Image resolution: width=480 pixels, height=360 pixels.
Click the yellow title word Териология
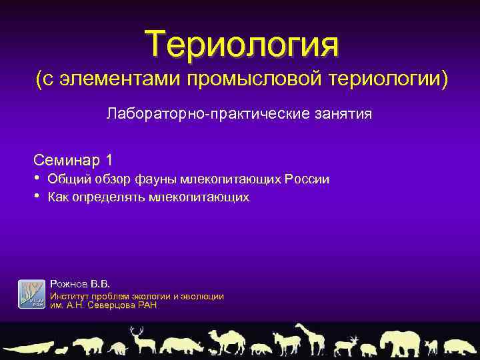243,43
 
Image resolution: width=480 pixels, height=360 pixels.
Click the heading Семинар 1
73,160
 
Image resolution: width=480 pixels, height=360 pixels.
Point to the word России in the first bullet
307,179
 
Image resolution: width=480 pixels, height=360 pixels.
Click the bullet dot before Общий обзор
37,179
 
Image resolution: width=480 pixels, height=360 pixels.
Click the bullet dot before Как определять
37,197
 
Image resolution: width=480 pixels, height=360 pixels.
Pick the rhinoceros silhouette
182,345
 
